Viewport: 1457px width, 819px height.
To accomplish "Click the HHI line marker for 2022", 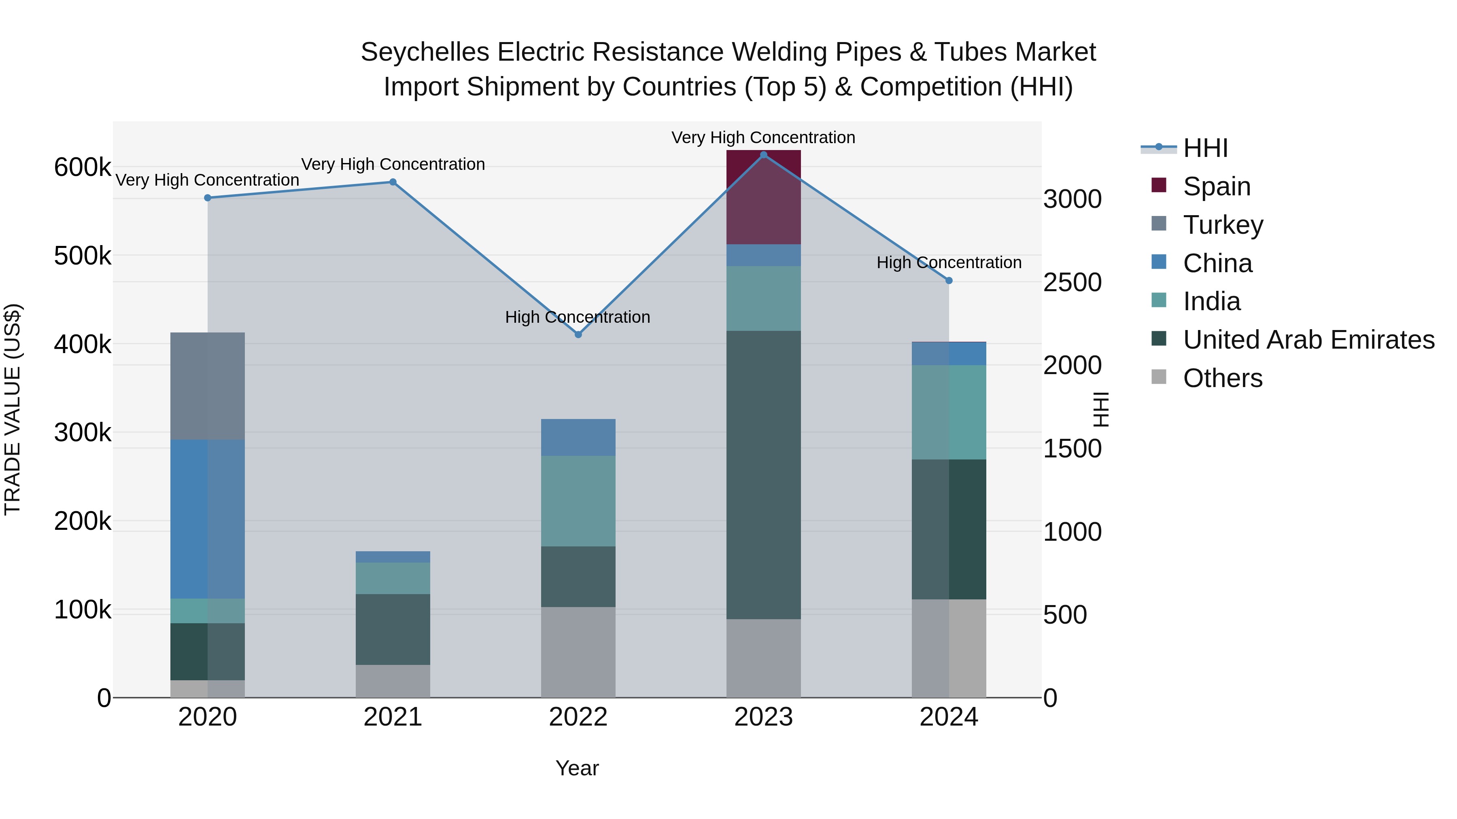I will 578,334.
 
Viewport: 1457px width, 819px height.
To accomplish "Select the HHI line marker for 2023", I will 764,155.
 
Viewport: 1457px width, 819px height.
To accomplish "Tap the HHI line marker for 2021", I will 393,182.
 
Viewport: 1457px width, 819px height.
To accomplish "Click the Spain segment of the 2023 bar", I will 764,197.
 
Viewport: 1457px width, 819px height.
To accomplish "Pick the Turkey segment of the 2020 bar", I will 208,386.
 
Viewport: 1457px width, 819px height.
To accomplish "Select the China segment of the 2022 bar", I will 578,438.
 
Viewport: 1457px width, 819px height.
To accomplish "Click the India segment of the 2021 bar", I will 393,578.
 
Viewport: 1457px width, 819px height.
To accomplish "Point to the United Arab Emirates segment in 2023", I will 764,475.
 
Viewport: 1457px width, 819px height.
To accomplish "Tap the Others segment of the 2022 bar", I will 578,652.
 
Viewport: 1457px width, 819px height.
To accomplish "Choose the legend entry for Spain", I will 1216,186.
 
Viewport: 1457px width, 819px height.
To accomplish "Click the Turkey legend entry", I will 1222,225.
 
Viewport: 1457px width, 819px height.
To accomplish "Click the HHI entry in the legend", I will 1205,148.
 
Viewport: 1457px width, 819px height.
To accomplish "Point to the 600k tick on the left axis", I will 83,167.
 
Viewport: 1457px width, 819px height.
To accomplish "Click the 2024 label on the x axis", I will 949,717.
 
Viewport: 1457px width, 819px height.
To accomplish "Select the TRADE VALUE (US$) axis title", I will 13,409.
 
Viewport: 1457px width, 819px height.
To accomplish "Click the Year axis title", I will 577,768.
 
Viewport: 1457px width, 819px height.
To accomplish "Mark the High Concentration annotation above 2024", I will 949,263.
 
